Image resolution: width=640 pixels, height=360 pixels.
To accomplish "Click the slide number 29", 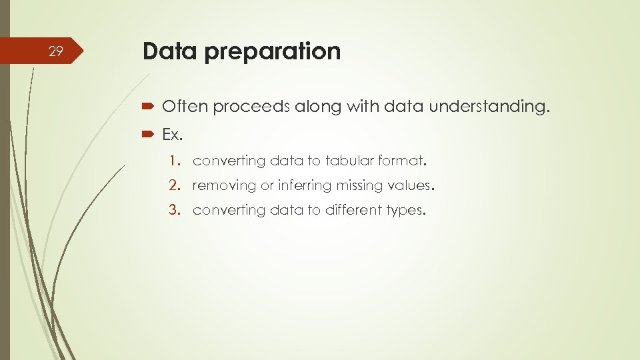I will click(x=56, y=51).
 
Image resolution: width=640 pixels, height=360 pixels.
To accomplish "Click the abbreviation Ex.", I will click(x=172, y=135).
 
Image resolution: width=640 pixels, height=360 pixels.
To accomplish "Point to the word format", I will click(x=402, y=161).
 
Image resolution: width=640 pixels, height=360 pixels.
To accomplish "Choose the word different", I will click(x=353, y=210).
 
